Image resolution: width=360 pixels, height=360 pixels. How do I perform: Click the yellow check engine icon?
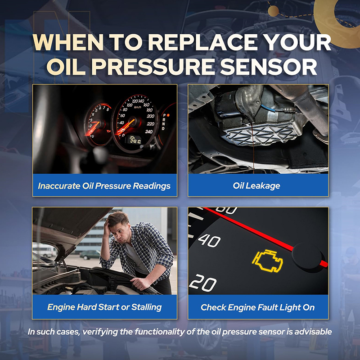coord(267,261)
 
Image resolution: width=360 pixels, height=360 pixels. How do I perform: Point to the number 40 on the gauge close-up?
coord(209,240)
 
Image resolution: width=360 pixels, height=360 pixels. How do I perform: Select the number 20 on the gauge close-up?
coord(203,283)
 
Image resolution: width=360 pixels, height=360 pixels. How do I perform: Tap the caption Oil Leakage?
coord(256,186)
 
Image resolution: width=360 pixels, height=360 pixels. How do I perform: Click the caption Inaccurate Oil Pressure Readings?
coord(104,186)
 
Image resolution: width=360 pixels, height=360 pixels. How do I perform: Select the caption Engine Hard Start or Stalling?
coord(104,307)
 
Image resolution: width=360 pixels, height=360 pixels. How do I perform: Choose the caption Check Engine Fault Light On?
coord(257,307)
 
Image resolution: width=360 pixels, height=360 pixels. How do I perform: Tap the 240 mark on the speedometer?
coord(149,131)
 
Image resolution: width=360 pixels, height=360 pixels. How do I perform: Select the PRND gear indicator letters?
coord(164,121)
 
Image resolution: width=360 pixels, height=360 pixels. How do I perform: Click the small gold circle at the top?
coord(273,11)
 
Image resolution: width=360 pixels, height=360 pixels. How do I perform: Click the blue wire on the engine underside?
coord(267,108)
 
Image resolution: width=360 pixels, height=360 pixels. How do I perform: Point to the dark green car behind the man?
coord(90,254)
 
